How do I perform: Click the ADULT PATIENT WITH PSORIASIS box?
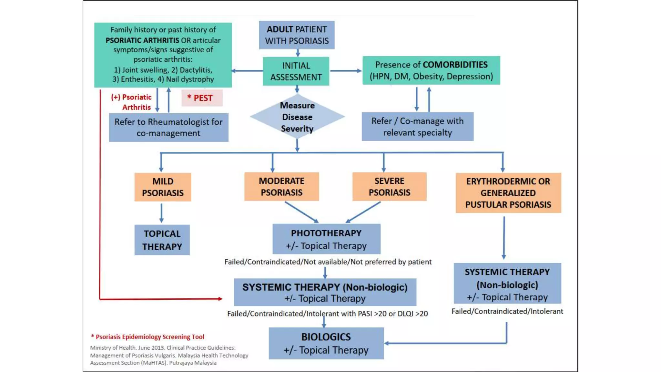pos(297,35)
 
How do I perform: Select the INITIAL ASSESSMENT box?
pos(296,71)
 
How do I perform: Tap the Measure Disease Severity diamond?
pos(297,117)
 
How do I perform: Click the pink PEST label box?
pos(202,98)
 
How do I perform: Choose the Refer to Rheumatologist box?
pos(168,127)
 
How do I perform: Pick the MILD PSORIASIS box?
pos(163,187)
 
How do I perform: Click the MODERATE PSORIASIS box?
pos(281,187)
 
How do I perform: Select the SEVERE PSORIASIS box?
pos(389,187)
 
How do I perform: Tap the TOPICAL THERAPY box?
pos(162,240)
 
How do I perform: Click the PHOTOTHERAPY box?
pos(326,239)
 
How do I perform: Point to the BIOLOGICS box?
pos(326,343)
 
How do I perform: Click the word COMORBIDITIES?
pos(455,65)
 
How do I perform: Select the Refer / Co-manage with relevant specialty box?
pos(417,127)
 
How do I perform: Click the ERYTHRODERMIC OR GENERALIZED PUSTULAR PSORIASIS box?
pos(508,193)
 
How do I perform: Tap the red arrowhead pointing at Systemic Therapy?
pos(220,299)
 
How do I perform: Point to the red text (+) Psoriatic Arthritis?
pos(131,102)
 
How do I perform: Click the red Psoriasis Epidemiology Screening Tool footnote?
pos(147,337)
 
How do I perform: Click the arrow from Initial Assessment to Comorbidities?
pos(345,71)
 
